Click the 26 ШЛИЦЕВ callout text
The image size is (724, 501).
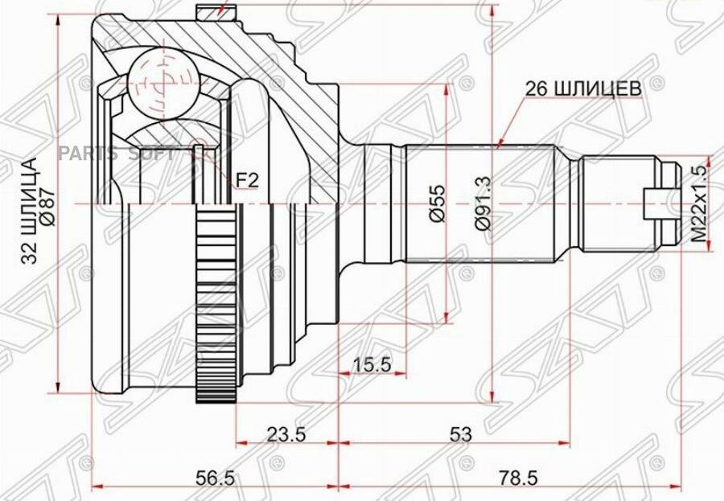tap(584, 88)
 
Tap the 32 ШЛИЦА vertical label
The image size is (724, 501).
tap(29, 211)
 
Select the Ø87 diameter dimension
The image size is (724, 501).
tap(48, 208)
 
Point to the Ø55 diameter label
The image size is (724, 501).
tap(438, 203)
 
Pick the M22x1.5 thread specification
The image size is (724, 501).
tap(699, 204)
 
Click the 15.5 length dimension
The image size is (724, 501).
tap(372, 364)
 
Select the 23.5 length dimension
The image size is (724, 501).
tap(286, 433)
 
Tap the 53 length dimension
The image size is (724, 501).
tap(460, 434)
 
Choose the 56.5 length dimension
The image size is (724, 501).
tap(216, 478)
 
